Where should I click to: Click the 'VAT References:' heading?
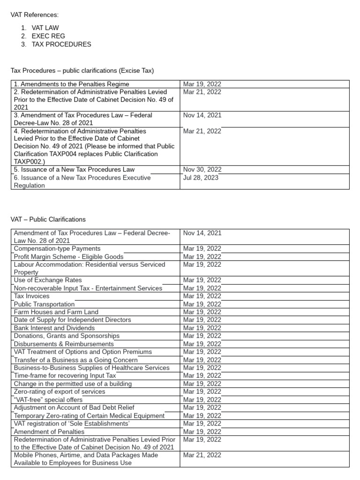[35, 15]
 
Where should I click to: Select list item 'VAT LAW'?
[45, 28]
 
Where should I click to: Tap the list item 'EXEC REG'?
[48, 36]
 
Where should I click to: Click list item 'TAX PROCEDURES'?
[61, 45]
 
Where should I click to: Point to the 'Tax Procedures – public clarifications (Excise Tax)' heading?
[82, 71]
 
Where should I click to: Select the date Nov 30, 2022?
[202, 170]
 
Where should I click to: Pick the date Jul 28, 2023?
[201, 178]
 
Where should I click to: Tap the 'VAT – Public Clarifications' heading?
[48, 219]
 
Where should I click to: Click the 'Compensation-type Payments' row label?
[57, 249]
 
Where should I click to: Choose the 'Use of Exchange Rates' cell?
[48, 280]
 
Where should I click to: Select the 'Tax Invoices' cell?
[31, 296]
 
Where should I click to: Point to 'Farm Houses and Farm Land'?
[56, 312]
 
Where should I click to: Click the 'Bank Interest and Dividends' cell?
[54, 328]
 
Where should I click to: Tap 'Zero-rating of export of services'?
[60, 391]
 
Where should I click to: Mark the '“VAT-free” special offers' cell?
[48, 400]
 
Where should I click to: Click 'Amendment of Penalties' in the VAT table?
[49, 432]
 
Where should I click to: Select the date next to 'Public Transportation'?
[202, 304]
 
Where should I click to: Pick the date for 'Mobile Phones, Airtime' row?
[202, 455]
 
